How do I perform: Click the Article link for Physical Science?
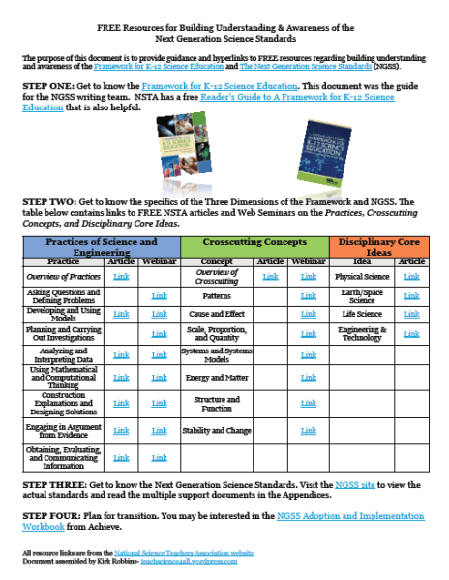coord(411,276)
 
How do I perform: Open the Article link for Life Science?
coord(411,315)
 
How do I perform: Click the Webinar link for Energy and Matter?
coord(309,377)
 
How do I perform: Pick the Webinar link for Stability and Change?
coord(309,431)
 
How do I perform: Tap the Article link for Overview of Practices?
coord(121,276)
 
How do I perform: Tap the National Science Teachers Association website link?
coord(189,551)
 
